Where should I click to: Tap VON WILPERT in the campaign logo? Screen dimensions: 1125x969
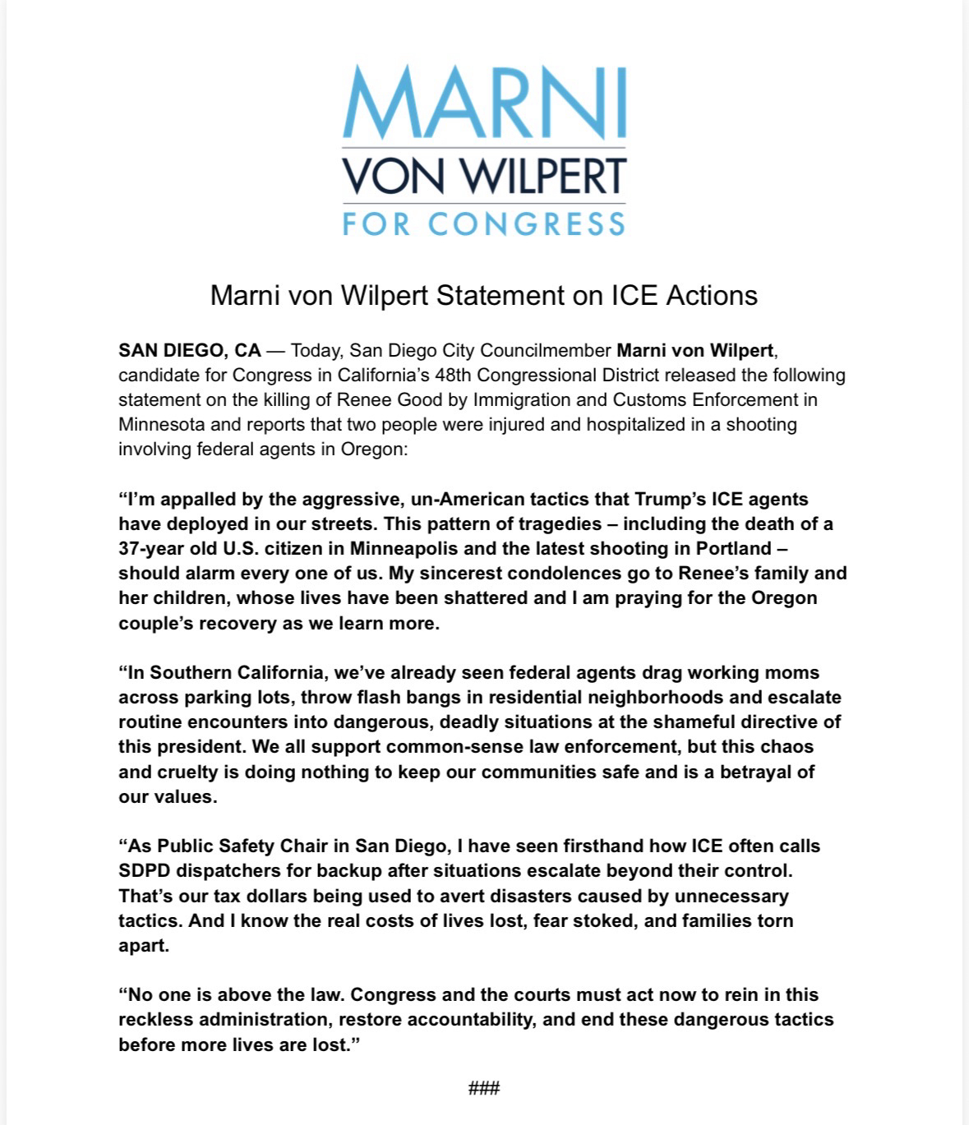[484, 175]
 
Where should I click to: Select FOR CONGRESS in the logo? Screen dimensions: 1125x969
[484, 224]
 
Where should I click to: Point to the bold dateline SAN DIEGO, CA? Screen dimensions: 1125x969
[190, 351]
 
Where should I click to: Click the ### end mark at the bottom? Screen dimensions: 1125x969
[484, 1089]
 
